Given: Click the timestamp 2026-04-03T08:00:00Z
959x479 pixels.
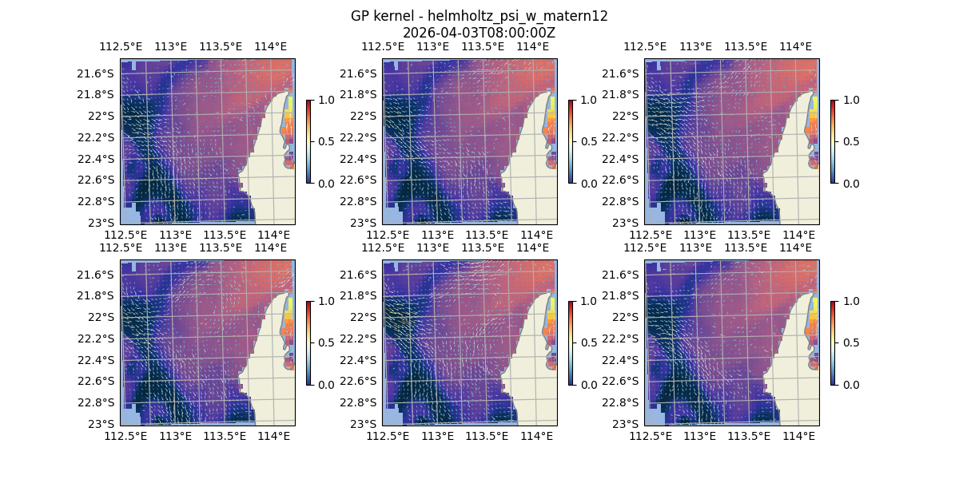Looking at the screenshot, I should (479, 33).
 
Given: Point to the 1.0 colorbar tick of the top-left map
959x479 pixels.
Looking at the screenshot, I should (324, 100).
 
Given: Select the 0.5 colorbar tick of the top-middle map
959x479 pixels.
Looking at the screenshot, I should (587, 141).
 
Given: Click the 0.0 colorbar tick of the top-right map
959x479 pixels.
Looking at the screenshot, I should (849, 183).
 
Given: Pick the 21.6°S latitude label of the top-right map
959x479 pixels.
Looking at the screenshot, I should (622, 73).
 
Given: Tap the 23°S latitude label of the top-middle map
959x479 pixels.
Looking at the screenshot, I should (366, 223).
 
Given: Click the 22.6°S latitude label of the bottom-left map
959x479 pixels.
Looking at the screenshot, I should (97, 381).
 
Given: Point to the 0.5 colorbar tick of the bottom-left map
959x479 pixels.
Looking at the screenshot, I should (324, 342).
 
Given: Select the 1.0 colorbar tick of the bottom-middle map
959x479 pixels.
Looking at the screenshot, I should (587, 301).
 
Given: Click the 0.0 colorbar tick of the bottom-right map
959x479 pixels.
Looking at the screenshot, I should (849, 384).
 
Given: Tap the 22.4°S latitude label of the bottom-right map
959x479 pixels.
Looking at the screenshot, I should (622, 360).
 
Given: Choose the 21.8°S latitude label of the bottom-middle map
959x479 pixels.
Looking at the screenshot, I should (360, 295).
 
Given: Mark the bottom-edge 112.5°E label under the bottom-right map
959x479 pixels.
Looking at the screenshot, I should (651, 436).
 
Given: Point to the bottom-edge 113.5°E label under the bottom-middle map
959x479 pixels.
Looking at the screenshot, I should (487, 436).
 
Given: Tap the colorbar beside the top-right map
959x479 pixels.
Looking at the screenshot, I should (833, 141).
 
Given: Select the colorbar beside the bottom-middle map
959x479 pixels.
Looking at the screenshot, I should (571, 342).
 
